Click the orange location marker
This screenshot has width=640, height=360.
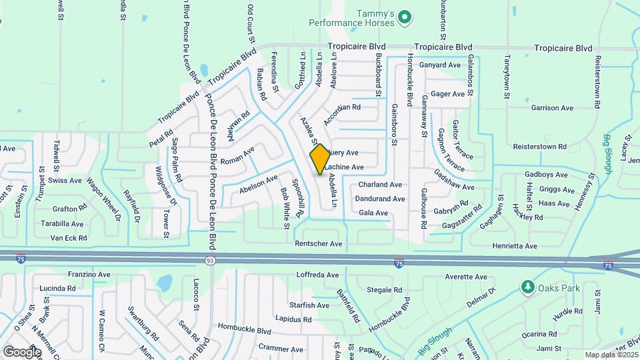click(320, 159)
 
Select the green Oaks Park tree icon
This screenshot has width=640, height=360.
click(527, 287)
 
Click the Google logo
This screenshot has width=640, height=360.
click(22, 351)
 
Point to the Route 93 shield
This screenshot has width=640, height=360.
click(210, 260)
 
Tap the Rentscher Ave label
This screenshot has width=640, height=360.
click(319, 245)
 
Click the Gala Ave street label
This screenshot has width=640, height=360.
click(373, 213)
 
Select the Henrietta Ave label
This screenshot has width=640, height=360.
click(514, 246)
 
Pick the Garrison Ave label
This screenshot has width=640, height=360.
click(552, 107)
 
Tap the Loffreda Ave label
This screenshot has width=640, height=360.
click(319, 275)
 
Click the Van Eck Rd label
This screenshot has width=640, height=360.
click(69, 238)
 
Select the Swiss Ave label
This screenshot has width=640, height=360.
click(65, 180)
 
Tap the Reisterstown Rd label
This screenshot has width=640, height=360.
click(539, 146)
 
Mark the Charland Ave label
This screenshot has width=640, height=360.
click(380, 184)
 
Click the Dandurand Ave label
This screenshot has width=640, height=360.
click(379, 199)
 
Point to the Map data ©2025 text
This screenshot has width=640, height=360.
click(610, 355)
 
